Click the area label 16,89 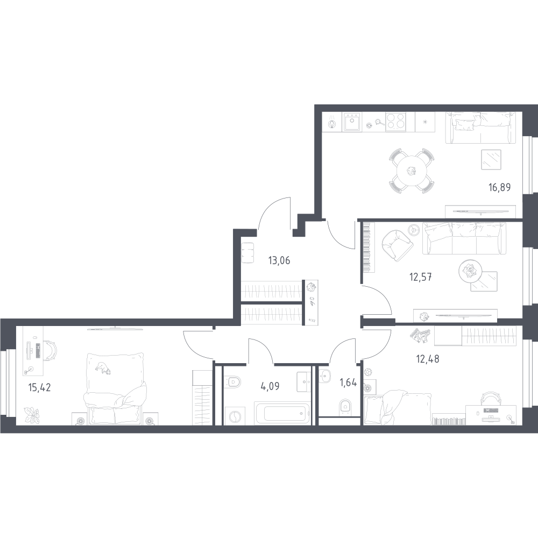[x=499, y=187]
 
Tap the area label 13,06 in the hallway [x=279, y=260]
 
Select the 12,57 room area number [x=420, y=276]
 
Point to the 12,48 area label [x=428, y=359]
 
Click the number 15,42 [x=39, y=387]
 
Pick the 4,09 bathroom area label [x=270, y=386]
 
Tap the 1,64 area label [x=348, y=382]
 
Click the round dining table [x=412, y=171]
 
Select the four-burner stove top [x=395, y=122]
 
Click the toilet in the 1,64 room [x=344, y=407]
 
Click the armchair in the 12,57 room [x=397, y=244]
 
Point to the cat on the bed [x=103, y=368]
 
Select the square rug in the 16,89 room [x=491, y=160]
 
